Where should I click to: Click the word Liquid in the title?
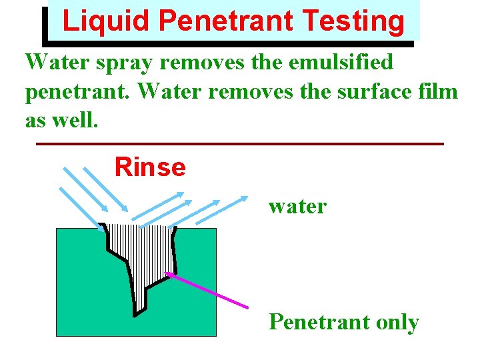coord(107,21)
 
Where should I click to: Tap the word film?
coord(443,91)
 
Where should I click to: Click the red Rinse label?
coord(150,167)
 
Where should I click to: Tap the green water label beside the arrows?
coord(297,206)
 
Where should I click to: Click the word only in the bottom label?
coord(397,322)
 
